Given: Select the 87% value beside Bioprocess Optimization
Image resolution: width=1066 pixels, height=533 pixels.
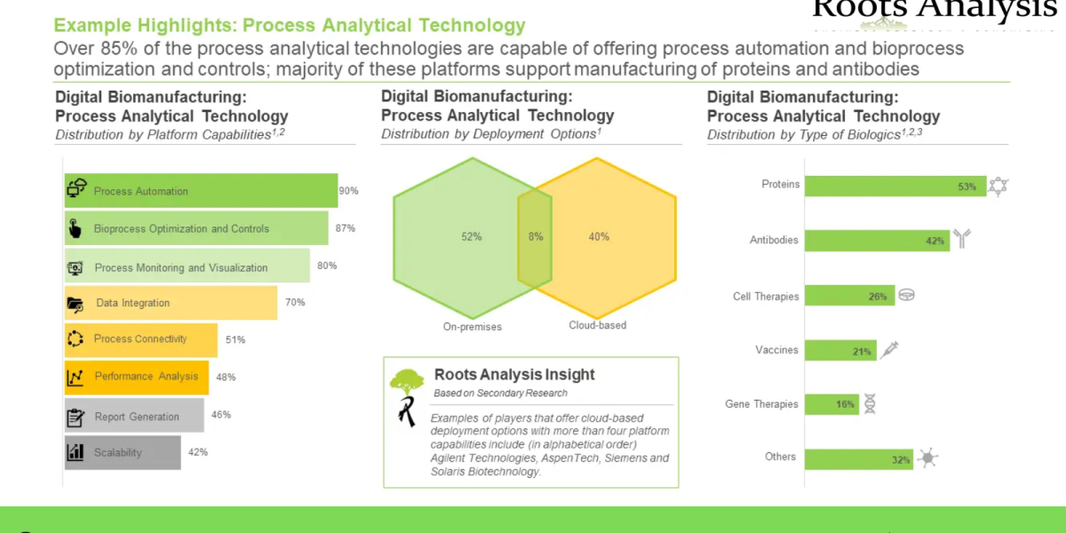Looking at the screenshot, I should [x=345, y=228].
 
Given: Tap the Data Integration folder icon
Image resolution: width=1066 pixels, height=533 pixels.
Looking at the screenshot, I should [x=76, y=304].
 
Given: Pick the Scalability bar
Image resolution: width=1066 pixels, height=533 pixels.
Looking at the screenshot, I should [x=123, y=452].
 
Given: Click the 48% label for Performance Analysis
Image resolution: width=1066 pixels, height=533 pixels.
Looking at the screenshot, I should [x=226, y=377].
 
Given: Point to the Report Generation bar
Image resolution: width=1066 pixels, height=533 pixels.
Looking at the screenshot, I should [x=134, y=416].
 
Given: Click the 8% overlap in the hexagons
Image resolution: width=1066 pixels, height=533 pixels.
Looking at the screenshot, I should [x=535, y=237].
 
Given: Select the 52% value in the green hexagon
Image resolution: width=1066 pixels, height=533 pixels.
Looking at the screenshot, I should [x=471, y=237].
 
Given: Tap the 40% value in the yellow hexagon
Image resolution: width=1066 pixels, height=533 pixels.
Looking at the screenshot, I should [x=599, y=237].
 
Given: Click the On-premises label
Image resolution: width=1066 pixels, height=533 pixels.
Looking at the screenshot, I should [x=473, y=327].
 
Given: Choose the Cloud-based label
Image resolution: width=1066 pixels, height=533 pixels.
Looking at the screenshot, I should [x=597, y=325].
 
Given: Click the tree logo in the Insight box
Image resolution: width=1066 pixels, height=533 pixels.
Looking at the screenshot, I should [x=408, y=382].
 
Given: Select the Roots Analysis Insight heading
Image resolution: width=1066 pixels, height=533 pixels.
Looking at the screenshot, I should [x=514, y=375].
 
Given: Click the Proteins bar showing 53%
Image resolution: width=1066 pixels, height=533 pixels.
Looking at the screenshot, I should [x=895, y=186].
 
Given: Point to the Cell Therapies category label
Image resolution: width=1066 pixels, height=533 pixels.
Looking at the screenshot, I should [x=766, y=297].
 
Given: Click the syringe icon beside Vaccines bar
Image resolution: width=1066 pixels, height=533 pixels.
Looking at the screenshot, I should [x=888, y=350].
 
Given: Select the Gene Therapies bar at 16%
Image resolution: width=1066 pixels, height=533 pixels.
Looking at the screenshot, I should [x=832, y=404].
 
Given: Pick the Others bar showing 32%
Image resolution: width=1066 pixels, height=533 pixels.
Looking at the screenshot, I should [x=859, y=459].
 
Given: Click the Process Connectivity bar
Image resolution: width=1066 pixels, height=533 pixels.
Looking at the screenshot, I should [x=141, y=339].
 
